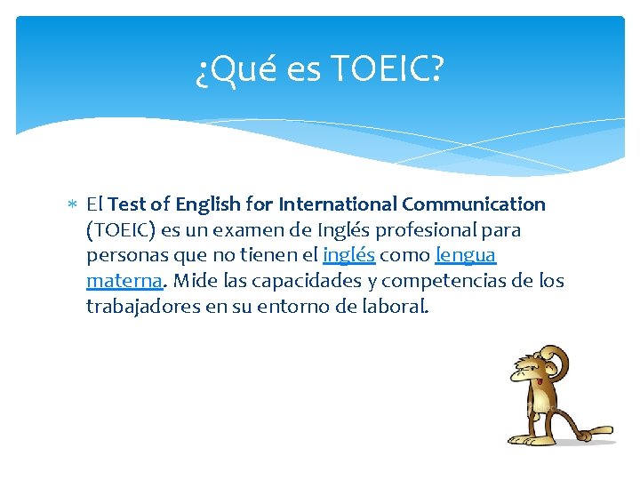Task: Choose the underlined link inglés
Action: coord(349,256)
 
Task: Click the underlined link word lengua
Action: coord(465,256)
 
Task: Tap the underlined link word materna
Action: coord(124,282)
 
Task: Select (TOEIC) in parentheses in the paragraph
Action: coord(121,230)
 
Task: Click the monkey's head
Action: coord(536,370)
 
